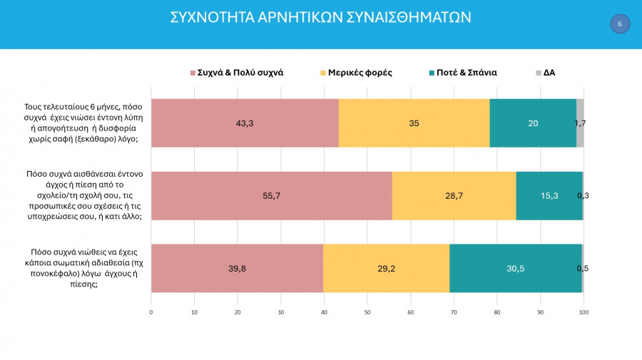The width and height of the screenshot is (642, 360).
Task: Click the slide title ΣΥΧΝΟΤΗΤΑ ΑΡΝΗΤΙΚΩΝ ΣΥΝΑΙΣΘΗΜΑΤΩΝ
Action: pos(320,17)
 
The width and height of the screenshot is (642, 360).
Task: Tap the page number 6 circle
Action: pos(620,24)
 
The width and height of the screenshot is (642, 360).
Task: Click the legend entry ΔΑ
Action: pos(549,72)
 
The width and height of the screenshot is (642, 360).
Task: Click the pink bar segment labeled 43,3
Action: pos(245,123)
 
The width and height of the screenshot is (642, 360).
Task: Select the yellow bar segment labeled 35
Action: pos(414,123)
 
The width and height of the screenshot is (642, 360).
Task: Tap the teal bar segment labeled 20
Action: pos(533,123)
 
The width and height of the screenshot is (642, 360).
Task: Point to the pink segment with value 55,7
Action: pos(271,195)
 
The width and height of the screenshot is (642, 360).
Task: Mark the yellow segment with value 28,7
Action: pos(454,195)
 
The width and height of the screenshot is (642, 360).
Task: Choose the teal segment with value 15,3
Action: pos(549,195)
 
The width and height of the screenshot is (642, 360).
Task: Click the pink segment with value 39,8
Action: pos(237,268)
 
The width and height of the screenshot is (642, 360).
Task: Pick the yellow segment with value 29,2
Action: pos(386,268)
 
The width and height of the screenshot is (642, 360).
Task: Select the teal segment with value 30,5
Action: pos(516,268)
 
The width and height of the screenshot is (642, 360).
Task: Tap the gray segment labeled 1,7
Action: pos(580,123)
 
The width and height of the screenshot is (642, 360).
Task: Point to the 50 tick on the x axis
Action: pos(367,312)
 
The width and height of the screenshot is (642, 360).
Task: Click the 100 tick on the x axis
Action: pos(584,312)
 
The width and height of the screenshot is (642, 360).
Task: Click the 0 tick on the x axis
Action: pos(151,312)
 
